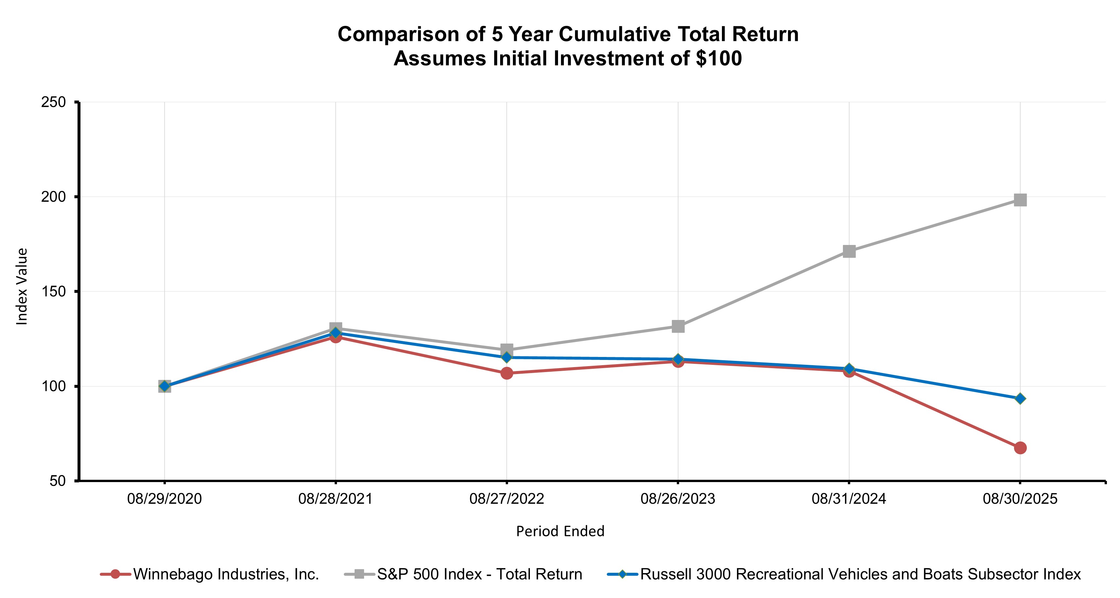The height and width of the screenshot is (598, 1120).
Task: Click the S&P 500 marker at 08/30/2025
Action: click(1020, 200)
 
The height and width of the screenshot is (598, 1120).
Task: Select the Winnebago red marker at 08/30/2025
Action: click(1020, 448)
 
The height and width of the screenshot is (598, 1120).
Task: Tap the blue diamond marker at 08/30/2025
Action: click(1020, 399)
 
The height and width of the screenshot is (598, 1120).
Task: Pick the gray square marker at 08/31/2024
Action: click(849, 251)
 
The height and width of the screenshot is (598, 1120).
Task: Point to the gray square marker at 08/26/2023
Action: click(678, 326)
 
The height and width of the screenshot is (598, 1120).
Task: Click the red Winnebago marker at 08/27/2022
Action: click(507, 373)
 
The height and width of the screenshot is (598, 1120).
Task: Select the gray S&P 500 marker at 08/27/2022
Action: click(507, 349)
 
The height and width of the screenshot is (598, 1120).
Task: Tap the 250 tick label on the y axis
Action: click(53, 102)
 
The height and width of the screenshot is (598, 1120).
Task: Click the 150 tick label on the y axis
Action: click(53, 291)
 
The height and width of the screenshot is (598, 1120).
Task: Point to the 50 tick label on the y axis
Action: click(57, 481)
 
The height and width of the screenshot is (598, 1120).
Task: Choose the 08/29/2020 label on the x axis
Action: click(164, 499)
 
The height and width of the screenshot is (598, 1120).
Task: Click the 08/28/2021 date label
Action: click(335, 499)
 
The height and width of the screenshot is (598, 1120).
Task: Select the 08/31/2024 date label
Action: click(849, 499)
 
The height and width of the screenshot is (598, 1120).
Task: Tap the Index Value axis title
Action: click(22, 286)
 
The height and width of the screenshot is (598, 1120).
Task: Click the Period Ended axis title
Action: click(560, 531)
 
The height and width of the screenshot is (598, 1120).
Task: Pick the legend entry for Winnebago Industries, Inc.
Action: click(226, 574)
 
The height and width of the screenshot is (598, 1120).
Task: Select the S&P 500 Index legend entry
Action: click(479, 574)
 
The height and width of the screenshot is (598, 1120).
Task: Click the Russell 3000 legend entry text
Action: click(860, 574)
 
